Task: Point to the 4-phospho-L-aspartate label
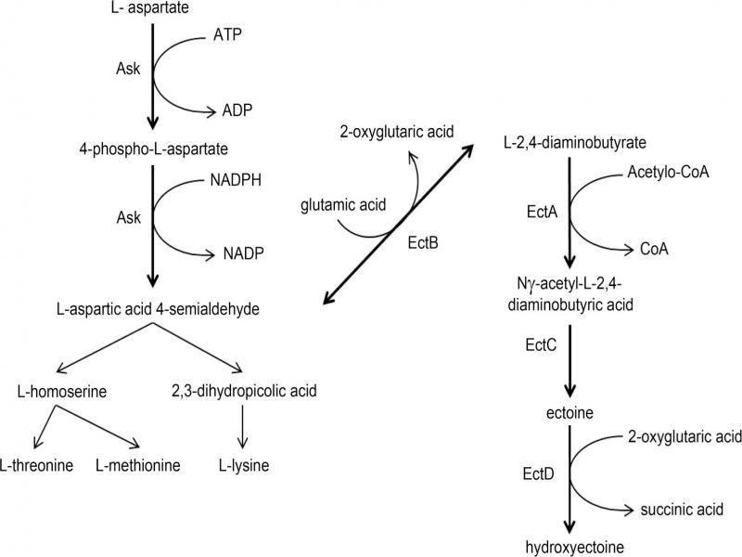point(154,148)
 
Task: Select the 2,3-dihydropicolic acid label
point(243,391)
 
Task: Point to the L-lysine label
point(244,464)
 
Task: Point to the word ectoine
point(569,409)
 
